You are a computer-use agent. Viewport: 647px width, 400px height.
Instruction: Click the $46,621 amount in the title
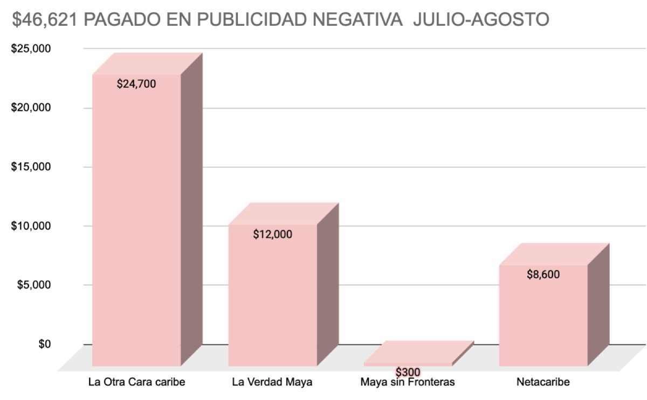click(x=46, y=20)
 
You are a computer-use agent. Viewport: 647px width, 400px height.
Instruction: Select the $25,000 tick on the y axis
click(x=31, y=48)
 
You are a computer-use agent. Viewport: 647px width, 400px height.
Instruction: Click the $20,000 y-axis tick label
click(x=31, y=108)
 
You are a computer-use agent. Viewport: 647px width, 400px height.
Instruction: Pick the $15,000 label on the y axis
click(x=31, y=167)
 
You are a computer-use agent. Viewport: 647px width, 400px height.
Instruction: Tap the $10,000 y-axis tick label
click(x=31, y=226)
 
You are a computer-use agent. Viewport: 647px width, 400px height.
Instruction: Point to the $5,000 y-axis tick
click(x=33, y=285)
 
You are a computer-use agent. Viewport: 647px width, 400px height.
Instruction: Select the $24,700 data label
click(x=136, y=84)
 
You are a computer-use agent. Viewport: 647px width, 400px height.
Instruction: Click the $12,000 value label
click(x=272, y=234)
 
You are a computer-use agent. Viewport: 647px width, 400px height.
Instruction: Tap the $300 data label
click(x=408, y=372)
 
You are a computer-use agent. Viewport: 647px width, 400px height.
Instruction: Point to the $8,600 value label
click(x=543, y=275)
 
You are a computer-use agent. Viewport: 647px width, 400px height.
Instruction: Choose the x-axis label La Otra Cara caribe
click(x=136, y=383)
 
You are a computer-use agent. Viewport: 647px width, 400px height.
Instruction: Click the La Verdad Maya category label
click(x=272, y=383)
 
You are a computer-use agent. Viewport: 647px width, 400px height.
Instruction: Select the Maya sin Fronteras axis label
click(x=408, y=383)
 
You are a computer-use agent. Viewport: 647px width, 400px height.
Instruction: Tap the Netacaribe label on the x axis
click(x=543, y=383)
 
